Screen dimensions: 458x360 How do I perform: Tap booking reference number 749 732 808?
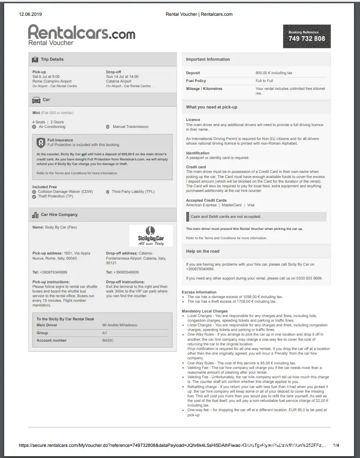tap(307, 39)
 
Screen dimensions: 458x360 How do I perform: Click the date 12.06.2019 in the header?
tap(30, 14)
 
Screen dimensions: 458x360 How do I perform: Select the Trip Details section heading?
tap(52, 59)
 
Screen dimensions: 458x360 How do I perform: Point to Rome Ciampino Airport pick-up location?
tap(52, 81)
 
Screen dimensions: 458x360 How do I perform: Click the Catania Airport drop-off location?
tap(119, 81)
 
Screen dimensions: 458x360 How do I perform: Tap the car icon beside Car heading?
tap(36, 100)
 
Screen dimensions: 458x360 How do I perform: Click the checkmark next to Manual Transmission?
tap(108, 127)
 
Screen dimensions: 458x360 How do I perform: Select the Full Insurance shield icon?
tap(41, 142)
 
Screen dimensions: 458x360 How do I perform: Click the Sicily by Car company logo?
tap(151, 236)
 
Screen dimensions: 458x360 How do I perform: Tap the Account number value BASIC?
tap(108, 340)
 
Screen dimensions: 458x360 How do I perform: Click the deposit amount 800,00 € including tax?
tap(274, 73)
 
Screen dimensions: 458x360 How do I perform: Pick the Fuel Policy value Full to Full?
tap(264, 81)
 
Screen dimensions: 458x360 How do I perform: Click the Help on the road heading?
tap(202, 251)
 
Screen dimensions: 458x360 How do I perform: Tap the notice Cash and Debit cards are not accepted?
tap(226, 216)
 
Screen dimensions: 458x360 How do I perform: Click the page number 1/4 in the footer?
tap(336, 445)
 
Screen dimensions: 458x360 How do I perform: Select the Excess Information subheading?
tap(199, 292)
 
